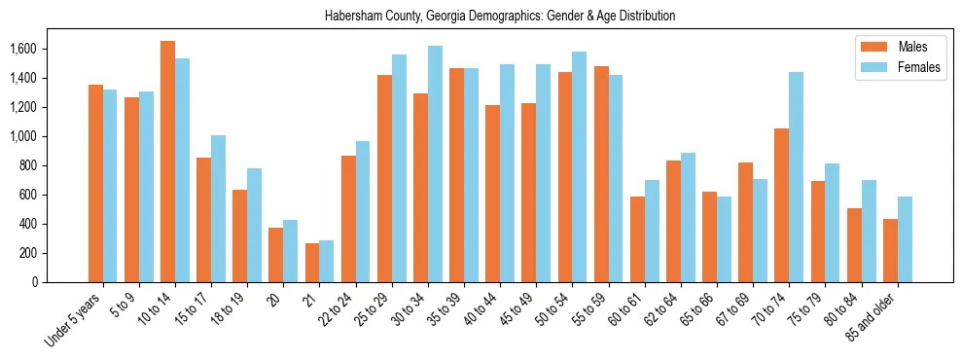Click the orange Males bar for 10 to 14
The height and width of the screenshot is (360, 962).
click(x=167, y=162)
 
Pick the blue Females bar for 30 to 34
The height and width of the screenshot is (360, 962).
click(x=435, y=163)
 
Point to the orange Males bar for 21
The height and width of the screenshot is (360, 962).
click(x=312, y=263)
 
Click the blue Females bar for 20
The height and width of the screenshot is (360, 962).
click(x=290, y=251)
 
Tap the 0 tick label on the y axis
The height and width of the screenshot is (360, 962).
click(x=35, y=282)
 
